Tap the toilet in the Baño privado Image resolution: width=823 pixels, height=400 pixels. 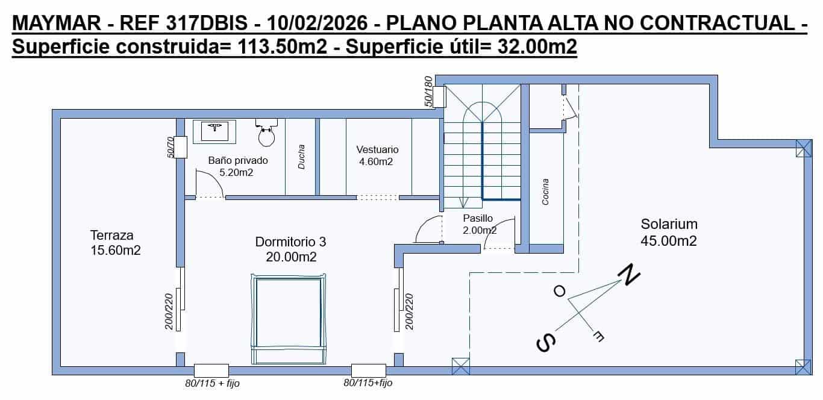coord(266,133)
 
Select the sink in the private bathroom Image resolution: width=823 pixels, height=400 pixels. coord(214,130)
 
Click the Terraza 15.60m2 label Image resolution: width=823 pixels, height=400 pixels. coord(115,243)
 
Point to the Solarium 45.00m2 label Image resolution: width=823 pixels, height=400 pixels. coord(669,233)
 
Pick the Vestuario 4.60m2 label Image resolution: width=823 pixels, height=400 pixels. coord(377,155)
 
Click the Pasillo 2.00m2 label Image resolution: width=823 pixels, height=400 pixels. coord(479,224)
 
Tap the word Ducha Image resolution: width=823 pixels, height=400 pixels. coord(301,156)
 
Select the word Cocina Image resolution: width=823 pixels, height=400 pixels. coord(545,192)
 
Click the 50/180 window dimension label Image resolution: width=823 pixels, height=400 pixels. coord(428,92)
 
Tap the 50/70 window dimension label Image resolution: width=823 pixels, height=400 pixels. coord(171,148)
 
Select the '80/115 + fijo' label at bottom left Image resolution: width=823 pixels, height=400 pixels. coord(212,383)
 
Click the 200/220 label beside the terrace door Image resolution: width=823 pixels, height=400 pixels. coord(169,313)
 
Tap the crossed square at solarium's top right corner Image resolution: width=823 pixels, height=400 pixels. coord(803,148)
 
